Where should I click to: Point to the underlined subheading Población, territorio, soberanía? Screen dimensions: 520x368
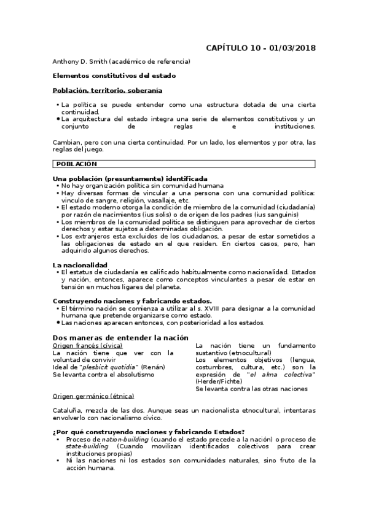tap(108, 90)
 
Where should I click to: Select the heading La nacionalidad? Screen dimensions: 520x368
tap(81, 264)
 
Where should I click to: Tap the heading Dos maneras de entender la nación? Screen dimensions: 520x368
tap(120, 337)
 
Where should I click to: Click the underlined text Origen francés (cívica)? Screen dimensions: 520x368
tap(87, 346)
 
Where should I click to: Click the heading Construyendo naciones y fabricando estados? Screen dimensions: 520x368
tap(132, 301)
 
